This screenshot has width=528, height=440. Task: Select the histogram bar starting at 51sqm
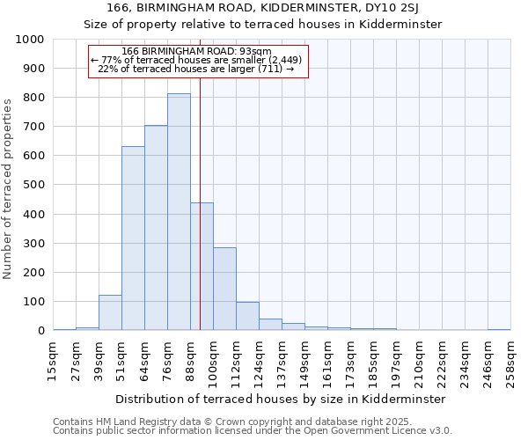point(133,238)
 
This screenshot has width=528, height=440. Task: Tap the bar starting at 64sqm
point(156,228)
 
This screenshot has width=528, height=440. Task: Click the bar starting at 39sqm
point(110,313)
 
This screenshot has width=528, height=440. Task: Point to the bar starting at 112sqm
point(247,317)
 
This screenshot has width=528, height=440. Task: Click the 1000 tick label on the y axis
point(29,40)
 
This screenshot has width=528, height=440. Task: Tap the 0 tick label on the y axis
point(41,331)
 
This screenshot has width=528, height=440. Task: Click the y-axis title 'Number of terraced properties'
point(9,188)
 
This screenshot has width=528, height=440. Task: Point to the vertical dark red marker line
point(201,220)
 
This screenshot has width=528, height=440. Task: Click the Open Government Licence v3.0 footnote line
point(253,430)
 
